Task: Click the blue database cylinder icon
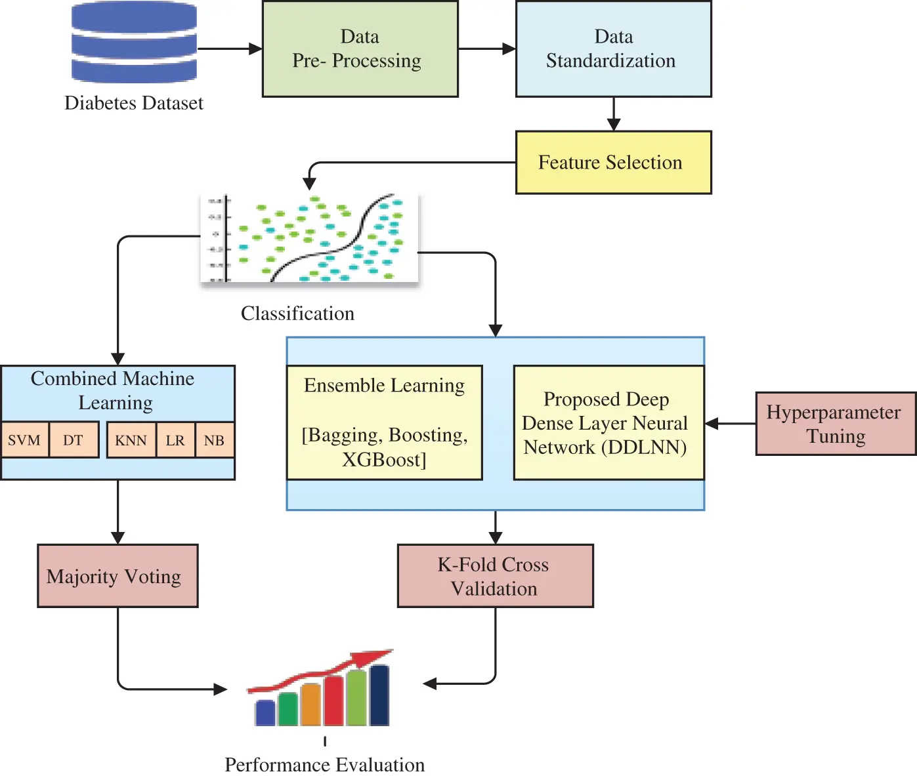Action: pyautogui.click(x=134, y=42)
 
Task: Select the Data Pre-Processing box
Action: pyautogui.click(x=360, y=49)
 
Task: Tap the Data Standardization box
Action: pyautogui.click(x=613, y=49)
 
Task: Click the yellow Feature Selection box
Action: pyautogui.click(x=613, y=162)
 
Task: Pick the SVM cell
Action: pyautogui.click(x=24, y=440)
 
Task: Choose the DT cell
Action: pyautogui.click(x=73, y=440)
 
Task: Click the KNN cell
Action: pyautogui.click(x=131, y=440)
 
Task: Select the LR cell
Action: pyautogui.click(x=175, y=440)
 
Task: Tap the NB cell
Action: pyautogui.click(x=214, y=440)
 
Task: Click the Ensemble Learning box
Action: pyautogui.click(x=385, y=422)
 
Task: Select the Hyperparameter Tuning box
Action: pyautogui.click(x=835, y=424)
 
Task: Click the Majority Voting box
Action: pyautogui.click(x=117, y=576)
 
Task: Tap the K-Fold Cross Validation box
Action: pyautogui.click(x=495, y=576)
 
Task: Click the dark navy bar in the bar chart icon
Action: pyautogui.click(x=379, y=695)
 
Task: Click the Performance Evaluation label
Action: pyautogui.click(x=324, y=765)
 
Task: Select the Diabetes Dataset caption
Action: pyautogui.click(x=134, y=103)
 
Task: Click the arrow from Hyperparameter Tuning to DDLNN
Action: pyautogui.click(x=730, y=424)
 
